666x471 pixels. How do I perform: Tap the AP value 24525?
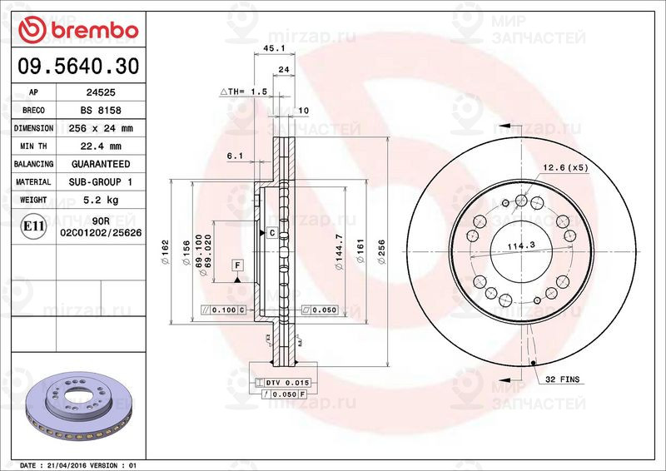[101, 93]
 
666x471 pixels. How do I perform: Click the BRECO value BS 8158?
[101, 111]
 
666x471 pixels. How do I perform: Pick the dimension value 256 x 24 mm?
[101, 129]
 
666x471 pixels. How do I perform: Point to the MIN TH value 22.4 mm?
[101, 146]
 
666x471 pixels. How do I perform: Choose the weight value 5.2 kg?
[101, 200]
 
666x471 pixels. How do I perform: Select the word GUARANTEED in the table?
[101, 164]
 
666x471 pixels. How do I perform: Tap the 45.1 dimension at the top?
[271, 49]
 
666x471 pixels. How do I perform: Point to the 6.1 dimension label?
[235, 156]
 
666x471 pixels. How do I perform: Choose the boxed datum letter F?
[237, 265]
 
